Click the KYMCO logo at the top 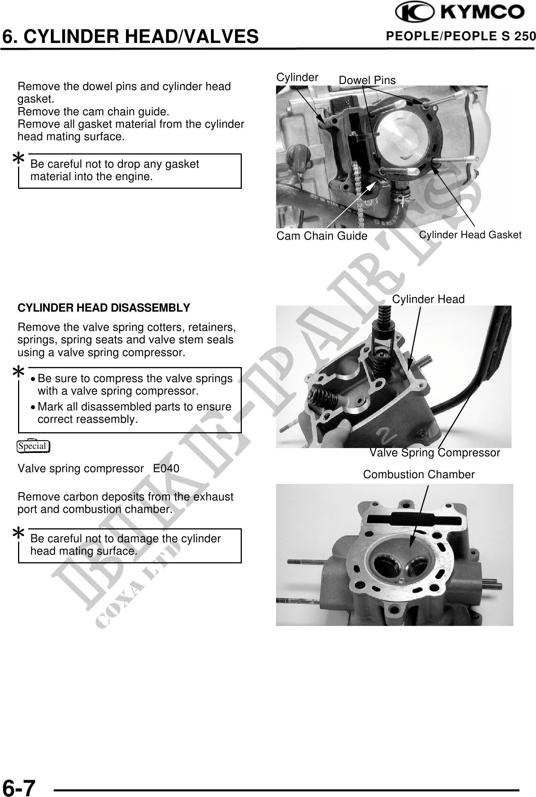point(460,13)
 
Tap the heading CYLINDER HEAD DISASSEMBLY point(104,308)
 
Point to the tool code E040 point(166,469)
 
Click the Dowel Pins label point(367,80)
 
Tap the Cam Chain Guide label point(322,236)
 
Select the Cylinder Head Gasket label point(470,235)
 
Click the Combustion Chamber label point(419,474)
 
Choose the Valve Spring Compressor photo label point(435,453)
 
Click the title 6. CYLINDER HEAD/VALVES point(130,37)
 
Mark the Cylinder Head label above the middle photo point(428,299)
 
